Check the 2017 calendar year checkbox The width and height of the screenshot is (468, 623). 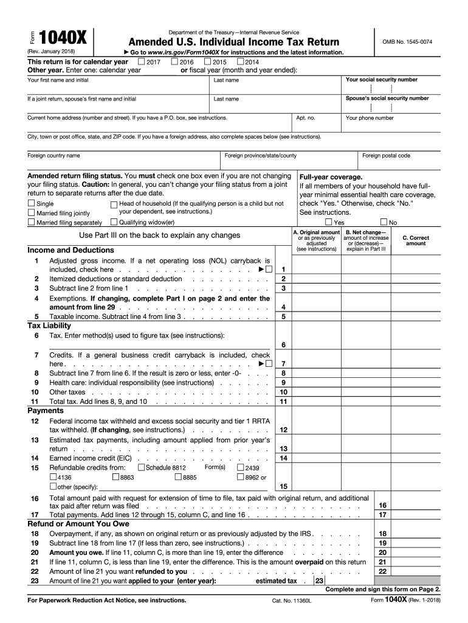(x=142, y=61)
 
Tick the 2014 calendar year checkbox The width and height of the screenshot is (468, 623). (x=241, y=61)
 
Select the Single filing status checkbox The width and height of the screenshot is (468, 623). (x=32, y=203)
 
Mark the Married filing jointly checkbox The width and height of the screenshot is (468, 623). (x=32, y=213)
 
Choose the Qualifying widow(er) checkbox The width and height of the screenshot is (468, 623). (x=114, y=222)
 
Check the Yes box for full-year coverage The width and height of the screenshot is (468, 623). (x=329, y=222)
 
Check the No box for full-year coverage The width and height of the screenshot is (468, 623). (x=384, y=222)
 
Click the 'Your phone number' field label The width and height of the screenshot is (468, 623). (x=370, y=118)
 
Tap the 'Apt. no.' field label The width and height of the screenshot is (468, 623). (x=305, y=118)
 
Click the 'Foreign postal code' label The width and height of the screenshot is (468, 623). (x=386, y=156)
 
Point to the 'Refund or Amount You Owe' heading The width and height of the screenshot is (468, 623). (x=78, y=523)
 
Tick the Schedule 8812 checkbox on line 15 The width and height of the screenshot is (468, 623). (x=142, y=467)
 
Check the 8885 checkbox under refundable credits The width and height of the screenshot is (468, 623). (x=178, y=477)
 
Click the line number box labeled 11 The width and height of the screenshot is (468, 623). (x=283, y=402)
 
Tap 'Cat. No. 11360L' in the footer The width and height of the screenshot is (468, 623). (x=292, y=600)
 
